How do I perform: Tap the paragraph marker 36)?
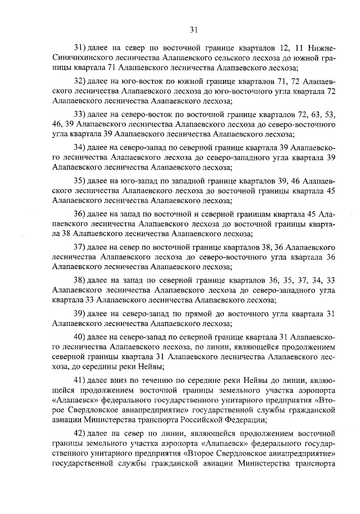coord(81,214)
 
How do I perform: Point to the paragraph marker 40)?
coord(81,337)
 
